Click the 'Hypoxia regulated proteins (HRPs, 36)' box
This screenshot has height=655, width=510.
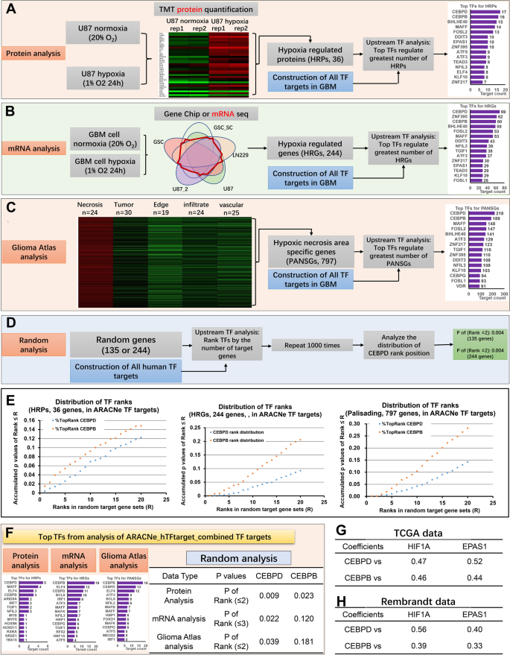click(x=309, y=55)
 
